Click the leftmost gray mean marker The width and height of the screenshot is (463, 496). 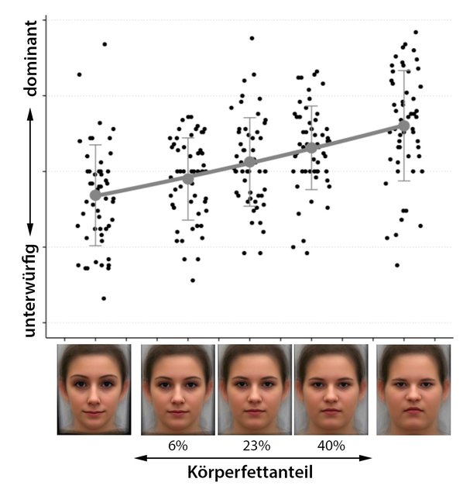click(95, 195)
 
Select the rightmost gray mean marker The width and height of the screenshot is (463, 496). click(403, 125)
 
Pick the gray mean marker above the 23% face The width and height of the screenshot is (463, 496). click(249, 162)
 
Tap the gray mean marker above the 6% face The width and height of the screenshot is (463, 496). click(187, 179)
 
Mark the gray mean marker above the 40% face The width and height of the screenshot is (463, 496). click(311, 147)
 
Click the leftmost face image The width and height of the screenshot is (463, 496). click(94, 389)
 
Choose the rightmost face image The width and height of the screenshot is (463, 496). click(413, 389)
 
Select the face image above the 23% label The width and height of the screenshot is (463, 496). click(255, 389)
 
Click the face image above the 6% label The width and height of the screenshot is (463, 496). click(178, 389)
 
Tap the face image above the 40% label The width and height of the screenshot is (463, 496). click(331, 389)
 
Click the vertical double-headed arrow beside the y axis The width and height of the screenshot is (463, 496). click(31, 171)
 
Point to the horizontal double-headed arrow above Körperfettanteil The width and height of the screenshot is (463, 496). click(253, 457)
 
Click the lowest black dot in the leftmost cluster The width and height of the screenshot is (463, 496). click(104, 298)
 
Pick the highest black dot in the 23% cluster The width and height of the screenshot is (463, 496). click(252, 38)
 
